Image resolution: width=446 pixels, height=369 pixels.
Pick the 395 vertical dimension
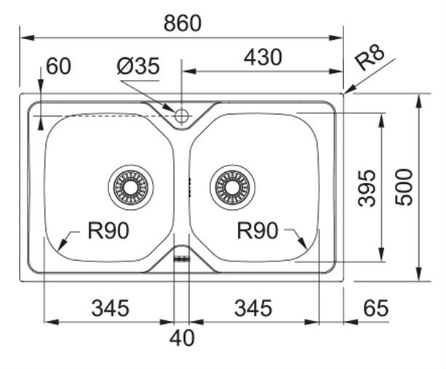(369, 187)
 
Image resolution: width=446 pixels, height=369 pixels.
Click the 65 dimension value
(375, 308)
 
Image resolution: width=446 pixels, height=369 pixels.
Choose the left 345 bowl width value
(110, 308)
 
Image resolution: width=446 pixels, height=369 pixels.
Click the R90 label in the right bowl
(258, 231)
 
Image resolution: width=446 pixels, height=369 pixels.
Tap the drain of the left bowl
(131, 187)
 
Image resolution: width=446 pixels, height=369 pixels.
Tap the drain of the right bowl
(233, 187)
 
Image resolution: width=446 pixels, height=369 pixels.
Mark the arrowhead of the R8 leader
(347, 92)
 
